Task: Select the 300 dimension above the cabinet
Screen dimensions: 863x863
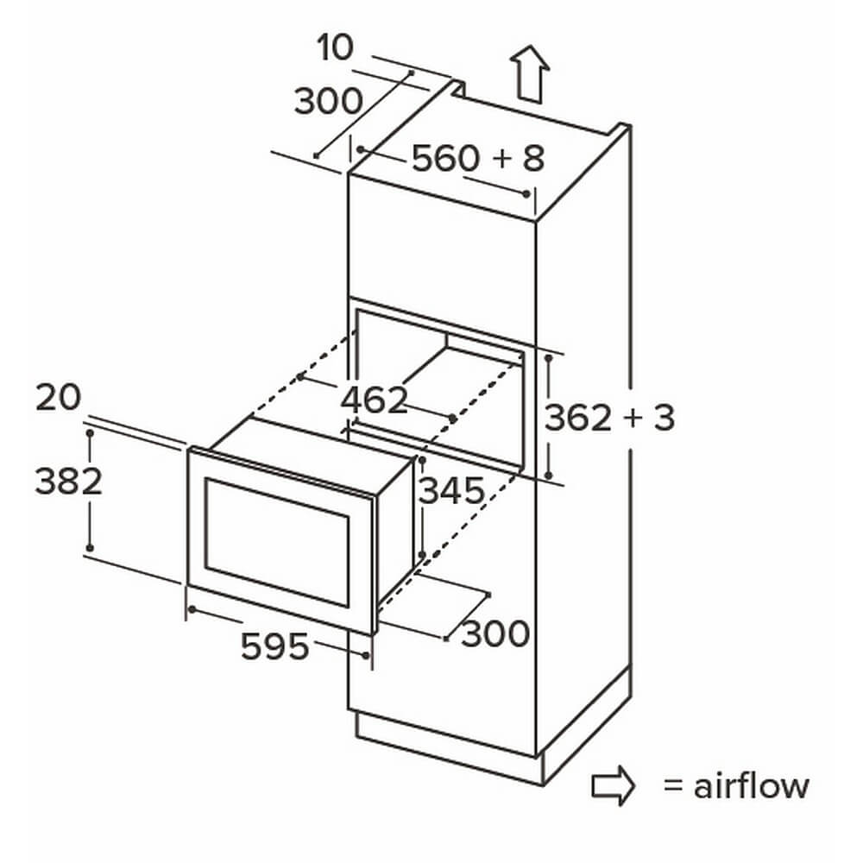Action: point(328,102)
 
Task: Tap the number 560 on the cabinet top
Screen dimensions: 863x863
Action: point(444,159)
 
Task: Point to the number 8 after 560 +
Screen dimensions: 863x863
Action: point(532,159)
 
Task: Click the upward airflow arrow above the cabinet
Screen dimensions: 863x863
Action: point(529,75)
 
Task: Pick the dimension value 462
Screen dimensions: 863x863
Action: point(374,400)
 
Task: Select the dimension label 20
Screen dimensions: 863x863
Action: point(58,398)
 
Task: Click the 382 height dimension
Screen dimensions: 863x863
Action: point(68,481)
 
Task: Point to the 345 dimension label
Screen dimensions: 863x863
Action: point(450,491)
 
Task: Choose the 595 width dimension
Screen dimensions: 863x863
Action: point(274,646)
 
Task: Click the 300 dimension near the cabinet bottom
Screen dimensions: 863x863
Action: point(494,635)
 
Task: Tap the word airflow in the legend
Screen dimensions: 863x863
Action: point(752,786)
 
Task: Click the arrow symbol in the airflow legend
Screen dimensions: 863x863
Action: point(613,786)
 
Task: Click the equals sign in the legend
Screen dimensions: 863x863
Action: point(673,786)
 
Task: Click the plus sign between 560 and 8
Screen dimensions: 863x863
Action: point(500,159)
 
